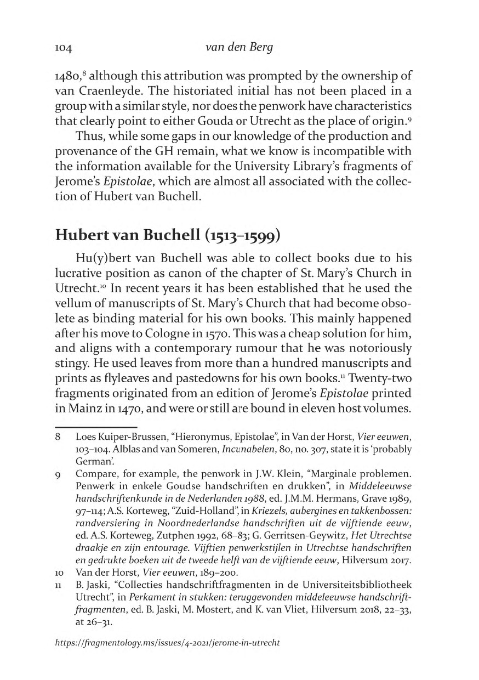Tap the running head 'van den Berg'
tap(239, 48)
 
